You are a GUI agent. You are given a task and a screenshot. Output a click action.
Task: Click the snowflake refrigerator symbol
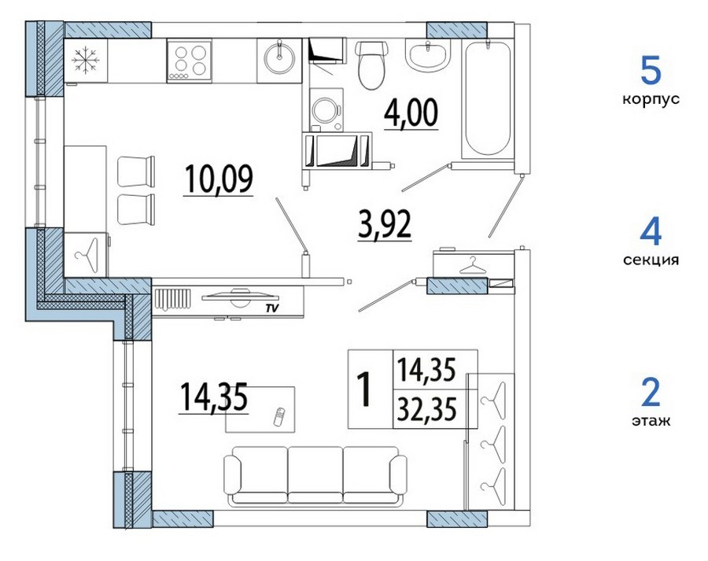(85, 61)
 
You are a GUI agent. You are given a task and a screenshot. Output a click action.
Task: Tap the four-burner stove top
(189, 61)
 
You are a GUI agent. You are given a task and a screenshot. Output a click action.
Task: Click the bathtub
(487, 98)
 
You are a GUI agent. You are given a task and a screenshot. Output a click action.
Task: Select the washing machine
(326, 110)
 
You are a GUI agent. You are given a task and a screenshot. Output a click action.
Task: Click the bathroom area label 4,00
(411, 113)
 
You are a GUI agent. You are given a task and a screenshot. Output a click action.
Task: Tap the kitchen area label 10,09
(219, 179)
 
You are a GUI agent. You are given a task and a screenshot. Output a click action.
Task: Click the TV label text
(271, 308)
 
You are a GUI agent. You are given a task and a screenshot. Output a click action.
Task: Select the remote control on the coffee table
(280, 416)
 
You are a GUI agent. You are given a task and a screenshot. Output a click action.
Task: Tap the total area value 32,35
(426, 408)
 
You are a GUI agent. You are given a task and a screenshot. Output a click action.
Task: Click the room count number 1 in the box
(364, 389)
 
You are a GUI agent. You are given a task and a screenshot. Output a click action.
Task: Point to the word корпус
(651, 99)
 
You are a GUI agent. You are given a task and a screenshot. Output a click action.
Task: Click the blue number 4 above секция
(651, 232)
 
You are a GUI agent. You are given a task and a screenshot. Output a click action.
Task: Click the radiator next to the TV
(172, 298)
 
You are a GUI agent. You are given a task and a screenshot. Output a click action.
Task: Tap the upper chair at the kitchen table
(136, 172)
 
